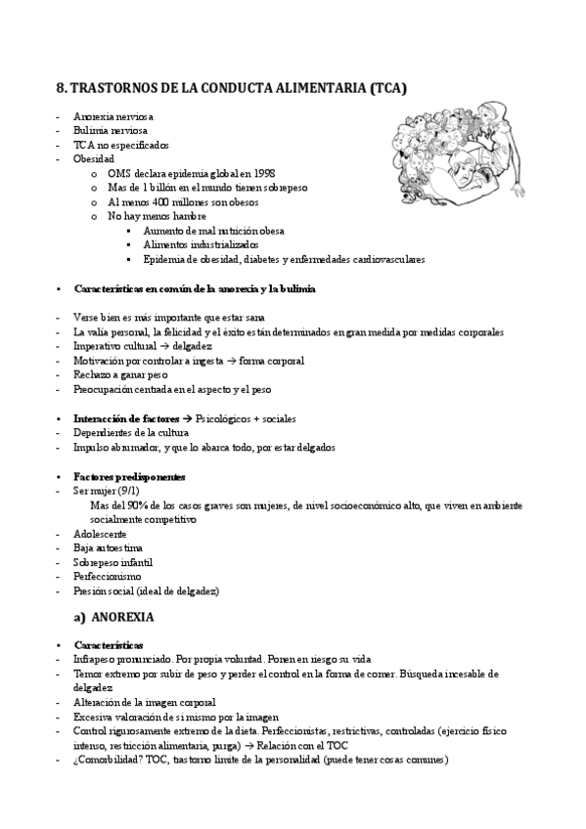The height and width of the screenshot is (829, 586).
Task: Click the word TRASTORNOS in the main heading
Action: [x=112, y=88]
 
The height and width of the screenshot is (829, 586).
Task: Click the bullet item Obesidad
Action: [x=94, y=157]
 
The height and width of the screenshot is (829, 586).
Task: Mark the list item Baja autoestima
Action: [x=102, y=548]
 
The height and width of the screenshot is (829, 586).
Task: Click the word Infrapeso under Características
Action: [x=96, y=660]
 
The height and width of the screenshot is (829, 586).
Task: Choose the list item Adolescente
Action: [x=100, y=534]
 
